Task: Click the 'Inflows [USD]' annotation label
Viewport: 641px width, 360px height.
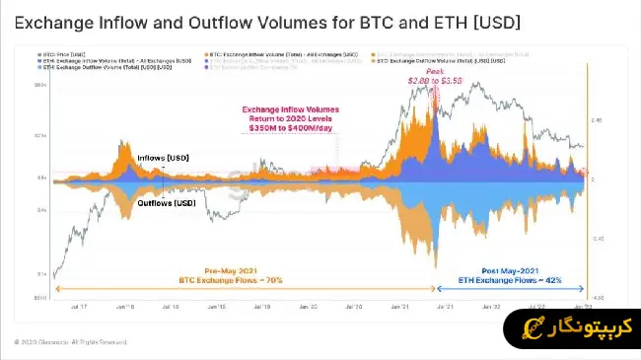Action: click(x=165, y=158)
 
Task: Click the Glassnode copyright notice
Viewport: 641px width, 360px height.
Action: click(x=71, y=342)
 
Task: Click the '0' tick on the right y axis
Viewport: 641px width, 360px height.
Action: click(x=594, y=179)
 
